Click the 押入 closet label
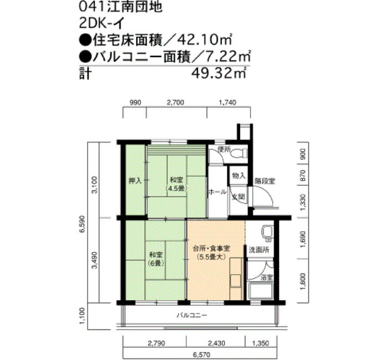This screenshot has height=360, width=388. click(135, 181)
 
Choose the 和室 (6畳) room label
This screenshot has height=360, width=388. click(155, 259)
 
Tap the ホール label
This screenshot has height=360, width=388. click(217, 192)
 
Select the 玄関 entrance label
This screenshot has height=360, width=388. click(238, 196)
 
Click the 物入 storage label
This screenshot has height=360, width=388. click(239, 175)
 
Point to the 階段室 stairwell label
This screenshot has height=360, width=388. click(264, 181)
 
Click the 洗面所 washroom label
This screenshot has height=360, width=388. click(258, 250)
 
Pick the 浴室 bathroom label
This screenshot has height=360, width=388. click(267, 276)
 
